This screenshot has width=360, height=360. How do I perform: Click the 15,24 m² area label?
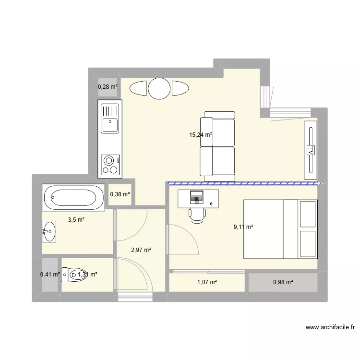point(201,135)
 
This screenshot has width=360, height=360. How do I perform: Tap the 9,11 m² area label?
point(243,228)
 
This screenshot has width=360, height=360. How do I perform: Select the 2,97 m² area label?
point(141,250)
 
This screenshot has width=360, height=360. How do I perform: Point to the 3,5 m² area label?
point(76,220)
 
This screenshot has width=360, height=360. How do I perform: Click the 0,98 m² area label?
point(283,282)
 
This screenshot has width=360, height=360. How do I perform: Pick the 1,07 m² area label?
point(207,282)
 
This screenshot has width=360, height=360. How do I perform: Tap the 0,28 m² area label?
point(108,87)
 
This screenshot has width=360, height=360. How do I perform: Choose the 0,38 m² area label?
point(120,194)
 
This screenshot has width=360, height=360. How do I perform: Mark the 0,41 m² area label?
point(50,275)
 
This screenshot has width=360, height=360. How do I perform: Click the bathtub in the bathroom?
point(73,197)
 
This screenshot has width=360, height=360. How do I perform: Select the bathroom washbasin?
point(48,231)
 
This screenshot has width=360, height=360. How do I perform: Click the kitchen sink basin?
point(109,125)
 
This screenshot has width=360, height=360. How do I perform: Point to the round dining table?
point(159,88)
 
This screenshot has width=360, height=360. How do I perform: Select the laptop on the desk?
point(196,196)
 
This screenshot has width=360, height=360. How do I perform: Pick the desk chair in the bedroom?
point(197,215)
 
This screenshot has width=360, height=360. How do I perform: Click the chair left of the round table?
point(138,89)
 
